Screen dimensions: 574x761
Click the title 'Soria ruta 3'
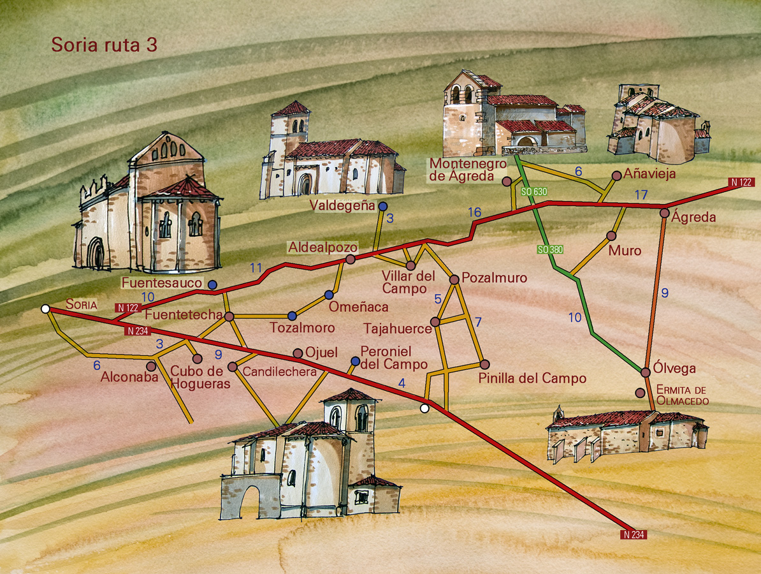pos(104,45)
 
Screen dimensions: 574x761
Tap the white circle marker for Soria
pos(45,309)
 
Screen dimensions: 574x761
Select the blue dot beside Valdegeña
pos(382,206)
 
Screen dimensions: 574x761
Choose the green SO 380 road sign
pos(550,249)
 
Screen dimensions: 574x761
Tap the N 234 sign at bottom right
pos(634,534)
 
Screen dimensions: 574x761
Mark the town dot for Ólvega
pos(645,372)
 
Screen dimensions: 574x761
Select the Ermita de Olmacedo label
pos(683,395)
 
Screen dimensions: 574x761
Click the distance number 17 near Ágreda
pos(641,194)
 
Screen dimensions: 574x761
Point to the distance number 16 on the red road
pos(474,212)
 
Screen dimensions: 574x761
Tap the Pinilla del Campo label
pos(532,378)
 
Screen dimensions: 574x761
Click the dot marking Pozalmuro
pos(454,279)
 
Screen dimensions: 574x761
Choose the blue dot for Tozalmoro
pos(292,316)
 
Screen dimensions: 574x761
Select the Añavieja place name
pos(649,173)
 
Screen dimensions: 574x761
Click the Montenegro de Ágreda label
pos(467,170)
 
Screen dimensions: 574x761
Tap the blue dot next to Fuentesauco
pos(212,284)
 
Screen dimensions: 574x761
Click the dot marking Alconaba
pos(151,366)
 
